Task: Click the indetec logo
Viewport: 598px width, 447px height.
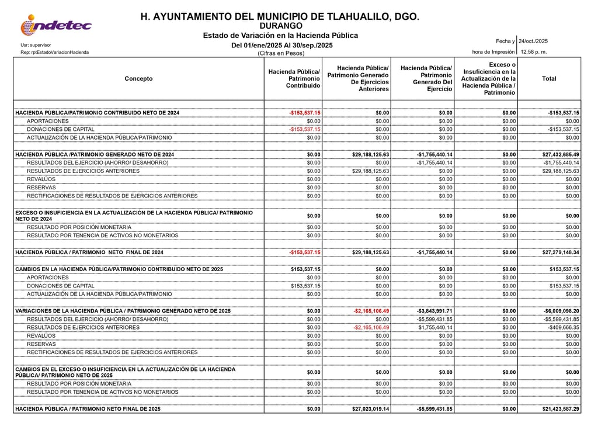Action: tap(56, 25)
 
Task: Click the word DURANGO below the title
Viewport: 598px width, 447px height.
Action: tap(280, 26)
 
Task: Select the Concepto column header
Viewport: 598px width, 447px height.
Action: tap(138, 79)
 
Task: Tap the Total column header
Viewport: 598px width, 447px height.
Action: tap(549, 79)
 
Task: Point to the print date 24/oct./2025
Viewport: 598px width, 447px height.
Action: tap(533, 41)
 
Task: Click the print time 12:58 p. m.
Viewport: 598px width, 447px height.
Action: tap(534, 52)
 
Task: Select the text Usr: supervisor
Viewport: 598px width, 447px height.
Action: tap(36, 45)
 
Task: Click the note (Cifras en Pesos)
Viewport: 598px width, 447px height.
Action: tap(281, 53)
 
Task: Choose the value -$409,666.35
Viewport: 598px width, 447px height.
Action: tap(561, 328)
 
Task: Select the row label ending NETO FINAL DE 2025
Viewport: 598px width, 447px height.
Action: tap(88, 409)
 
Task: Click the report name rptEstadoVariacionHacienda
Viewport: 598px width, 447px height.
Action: tap(55, 52)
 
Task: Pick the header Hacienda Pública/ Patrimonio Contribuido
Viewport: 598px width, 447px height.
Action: tap(294, 79)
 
